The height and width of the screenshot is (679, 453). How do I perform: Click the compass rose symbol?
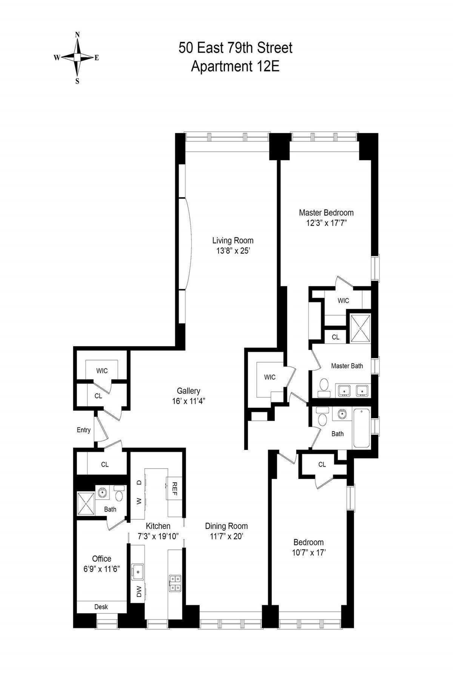click(77, 58)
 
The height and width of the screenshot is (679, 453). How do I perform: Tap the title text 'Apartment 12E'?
click(235, 66)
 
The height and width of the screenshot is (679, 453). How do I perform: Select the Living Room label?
click(233, 240)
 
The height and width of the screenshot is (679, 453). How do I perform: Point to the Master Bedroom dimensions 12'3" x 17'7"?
click(326, 223)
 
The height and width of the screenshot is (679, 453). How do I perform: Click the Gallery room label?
click(188, 391)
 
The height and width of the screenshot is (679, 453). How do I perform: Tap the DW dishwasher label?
click(139, 591)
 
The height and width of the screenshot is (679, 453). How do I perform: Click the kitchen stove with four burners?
click(175, 583)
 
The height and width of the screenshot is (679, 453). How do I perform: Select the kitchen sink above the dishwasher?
click(137, 571)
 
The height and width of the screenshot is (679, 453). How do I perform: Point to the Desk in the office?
click(101, 607)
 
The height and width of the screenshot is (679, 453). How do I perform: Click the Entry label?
click(83, 430)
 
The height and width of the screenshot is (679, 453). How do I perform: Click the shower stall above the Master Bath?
click(360, 328)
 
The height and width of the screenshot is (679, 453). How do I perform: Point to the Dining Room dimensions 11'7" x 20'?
click(226, 536)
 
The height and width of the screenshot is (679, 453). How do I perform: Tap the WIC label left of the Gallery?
click(102, 371)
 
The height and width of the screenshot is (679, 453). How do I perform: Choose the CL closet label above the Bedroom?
click(322, 464)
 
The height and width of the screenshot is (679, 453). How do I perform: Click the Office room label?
click(102, 559)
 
